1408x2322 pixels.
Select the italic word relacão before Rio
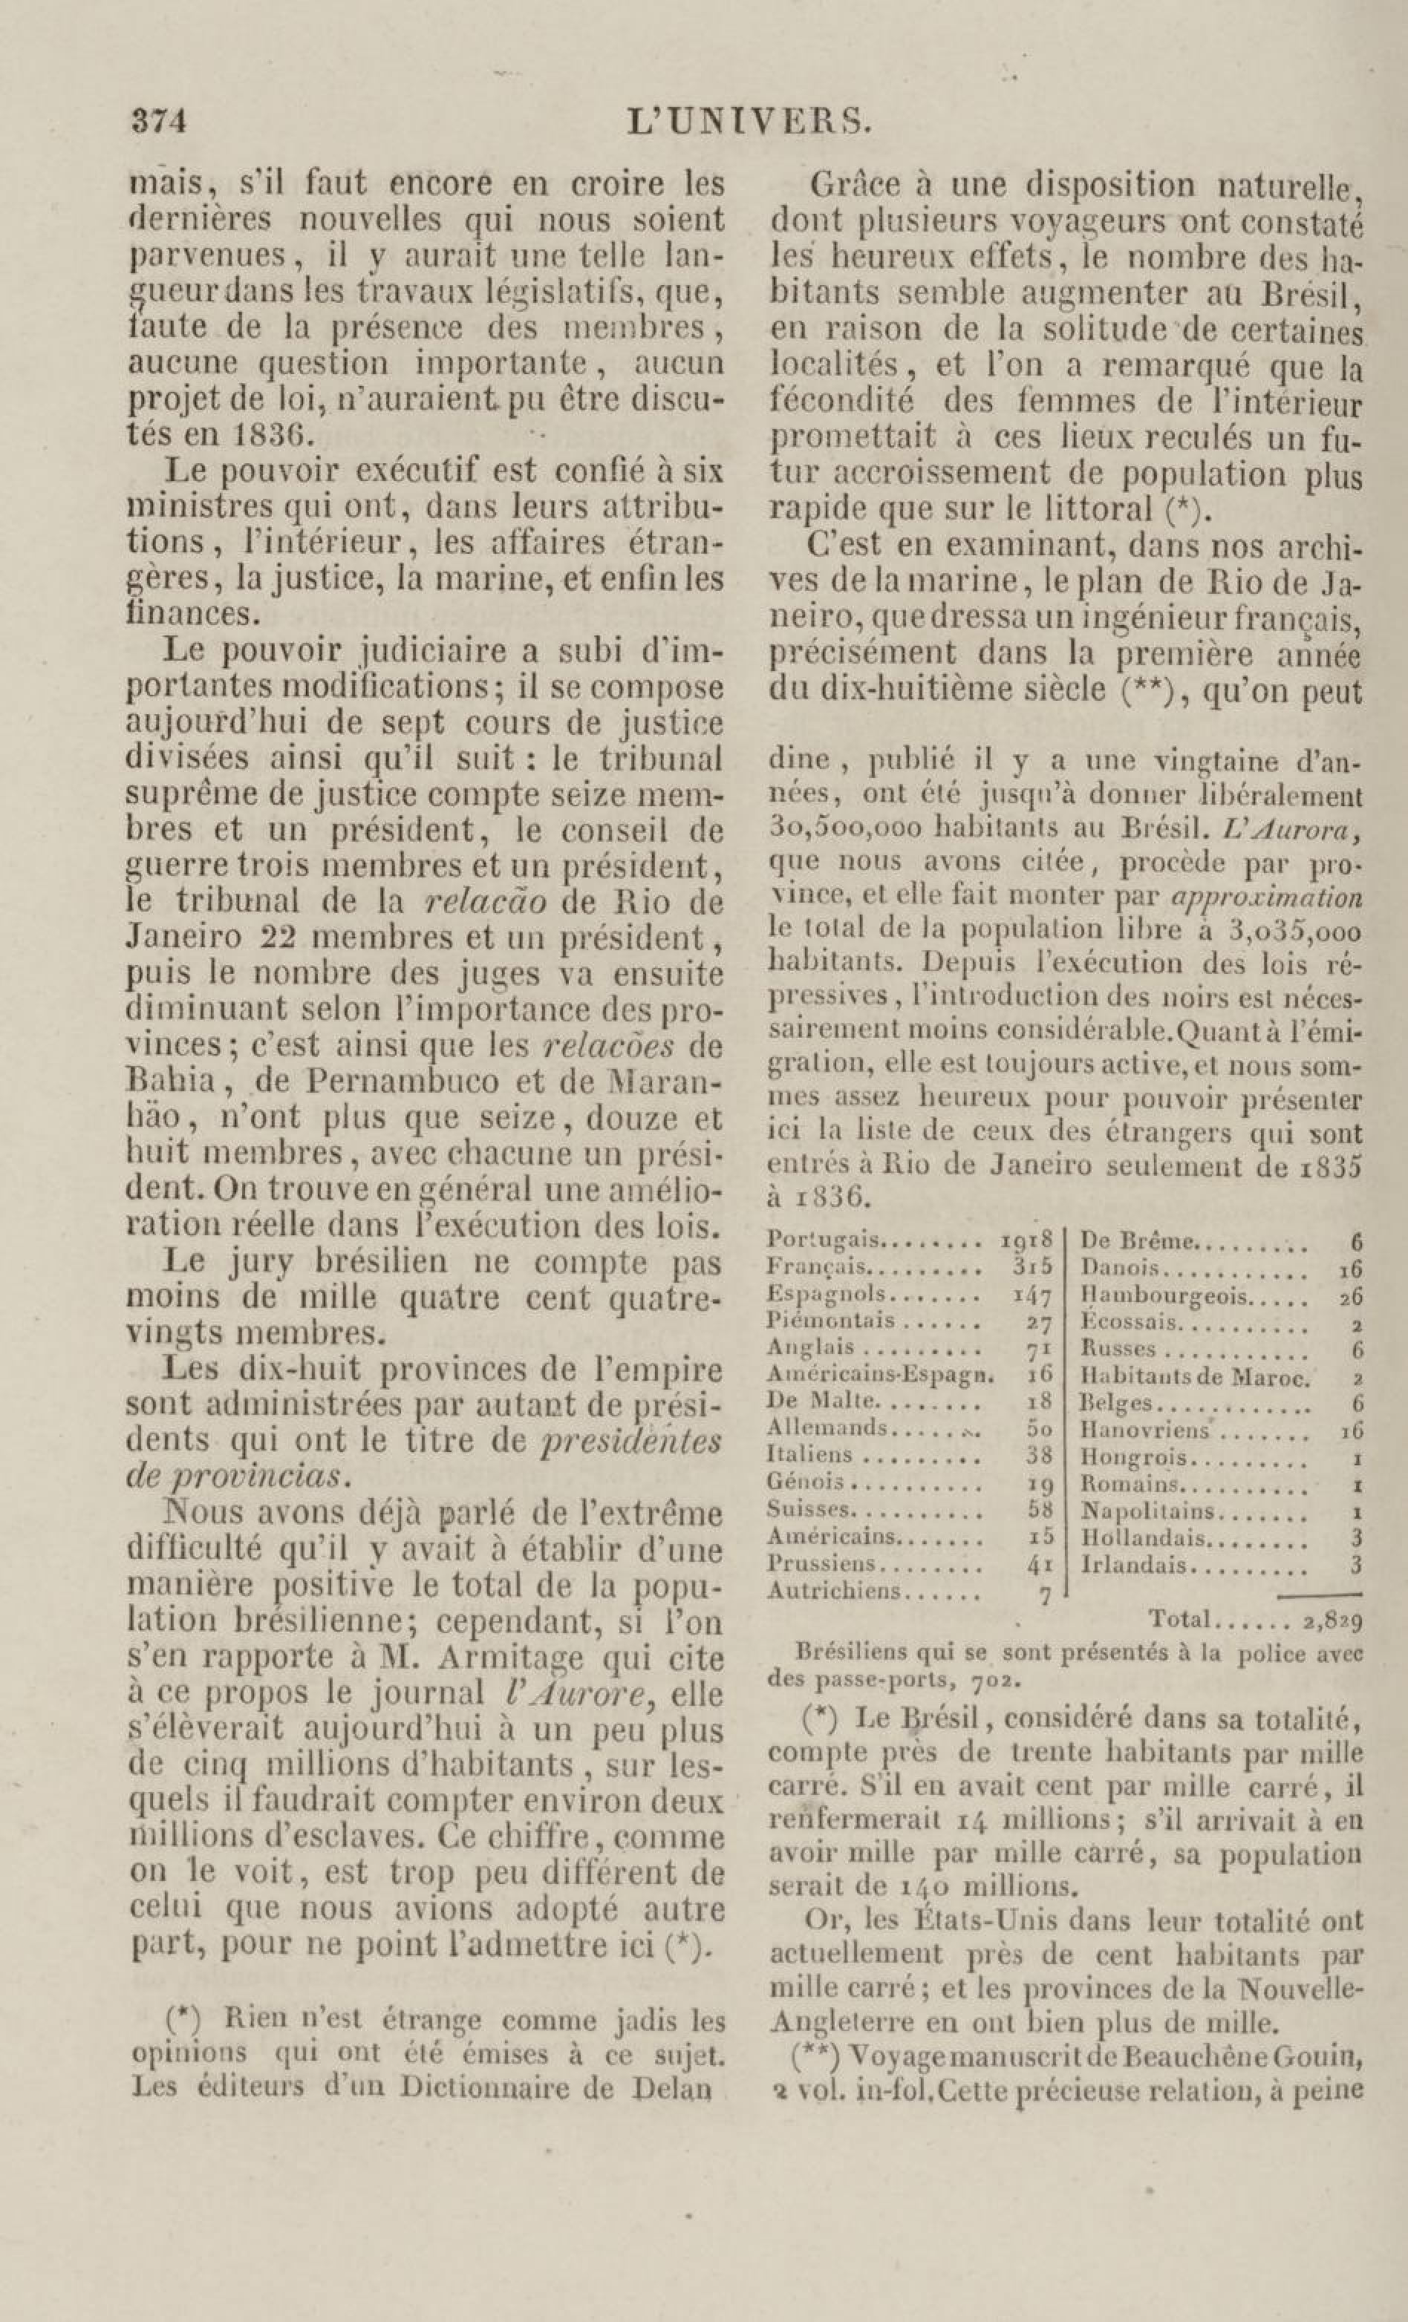click(486, 902)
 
